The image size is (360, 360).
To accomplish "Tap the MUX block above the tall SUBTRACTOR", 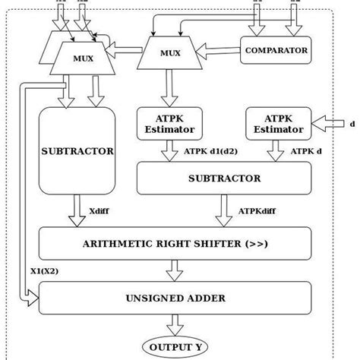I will pyautogui.click(x=77, y=58).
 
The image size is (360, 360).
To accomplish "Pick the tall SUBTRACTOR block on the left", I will pyautogui.click(x=77, y=150).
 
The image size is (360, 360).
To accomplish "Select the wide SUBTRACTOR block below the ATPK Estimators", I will pyautogui.click(x=223, y=178).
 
